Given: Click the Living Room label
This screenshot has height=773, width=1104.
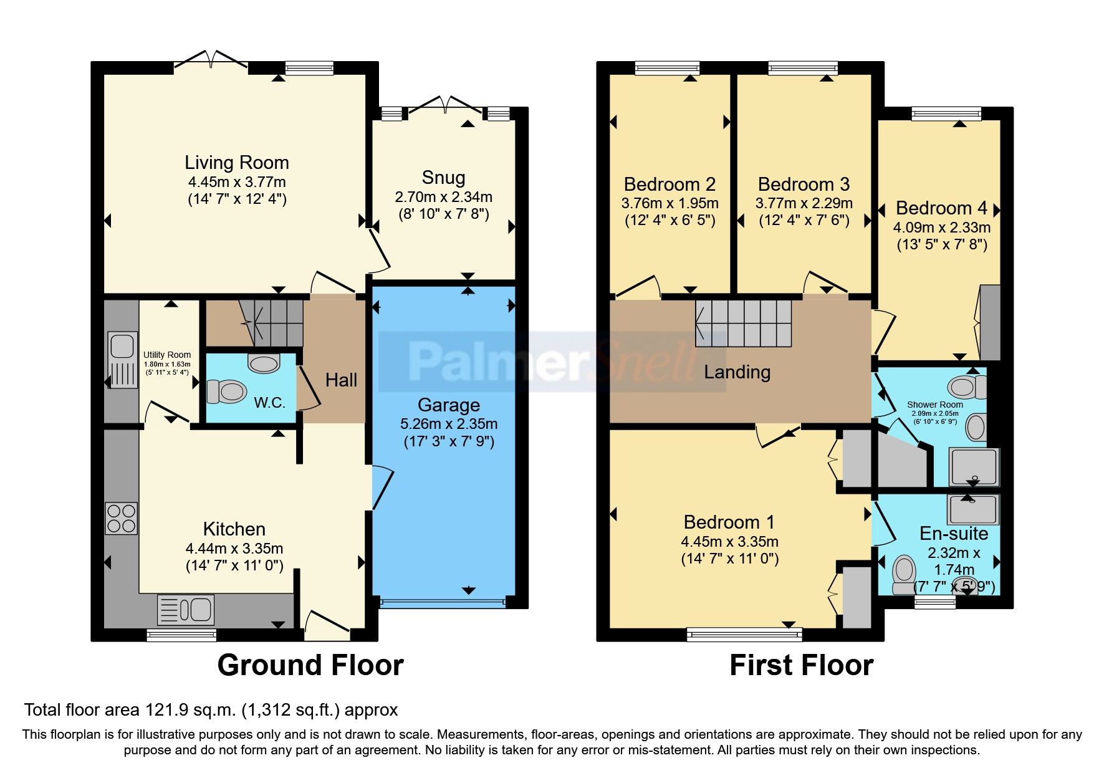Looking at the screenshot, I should (236, 163).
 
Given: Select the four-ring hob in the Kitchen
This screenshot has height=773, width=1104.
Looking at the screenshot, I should (121, 518).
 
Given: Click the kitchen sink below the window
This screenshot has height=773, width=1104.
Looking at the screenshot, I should (186, 610).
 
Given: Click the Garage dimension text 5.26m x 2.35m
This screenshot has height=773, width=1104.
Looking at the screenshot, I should (448, 424).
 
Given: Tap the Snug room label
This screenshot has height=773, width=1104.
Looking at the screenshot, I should (443, 178).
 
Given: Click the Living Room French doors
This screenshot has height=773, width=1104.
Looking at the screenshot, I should (211, 59).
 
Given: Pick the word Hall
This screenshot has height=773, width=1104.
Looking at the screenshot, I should (341, 380).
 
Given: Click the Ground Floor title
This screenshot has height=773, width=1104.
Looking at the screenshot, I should (310, 665).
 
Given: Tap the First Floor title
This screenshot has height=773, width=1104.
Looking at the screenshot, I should (801, 665).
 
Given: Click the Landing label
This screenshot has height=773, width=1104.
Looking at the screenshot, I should (737, 372).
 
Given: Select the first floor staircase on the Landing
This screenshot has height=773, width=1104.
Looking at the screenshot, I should (743, 324).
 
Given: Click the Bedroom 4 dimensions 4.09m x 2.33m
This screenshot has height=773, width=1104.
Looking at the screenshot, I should (941, 228).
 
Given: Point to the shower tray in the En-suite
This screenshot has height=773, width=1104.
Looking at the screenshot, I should (972, 509).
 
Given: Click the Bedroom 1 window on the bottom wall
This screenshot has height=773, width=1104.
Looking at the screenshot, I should (744, 635).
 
